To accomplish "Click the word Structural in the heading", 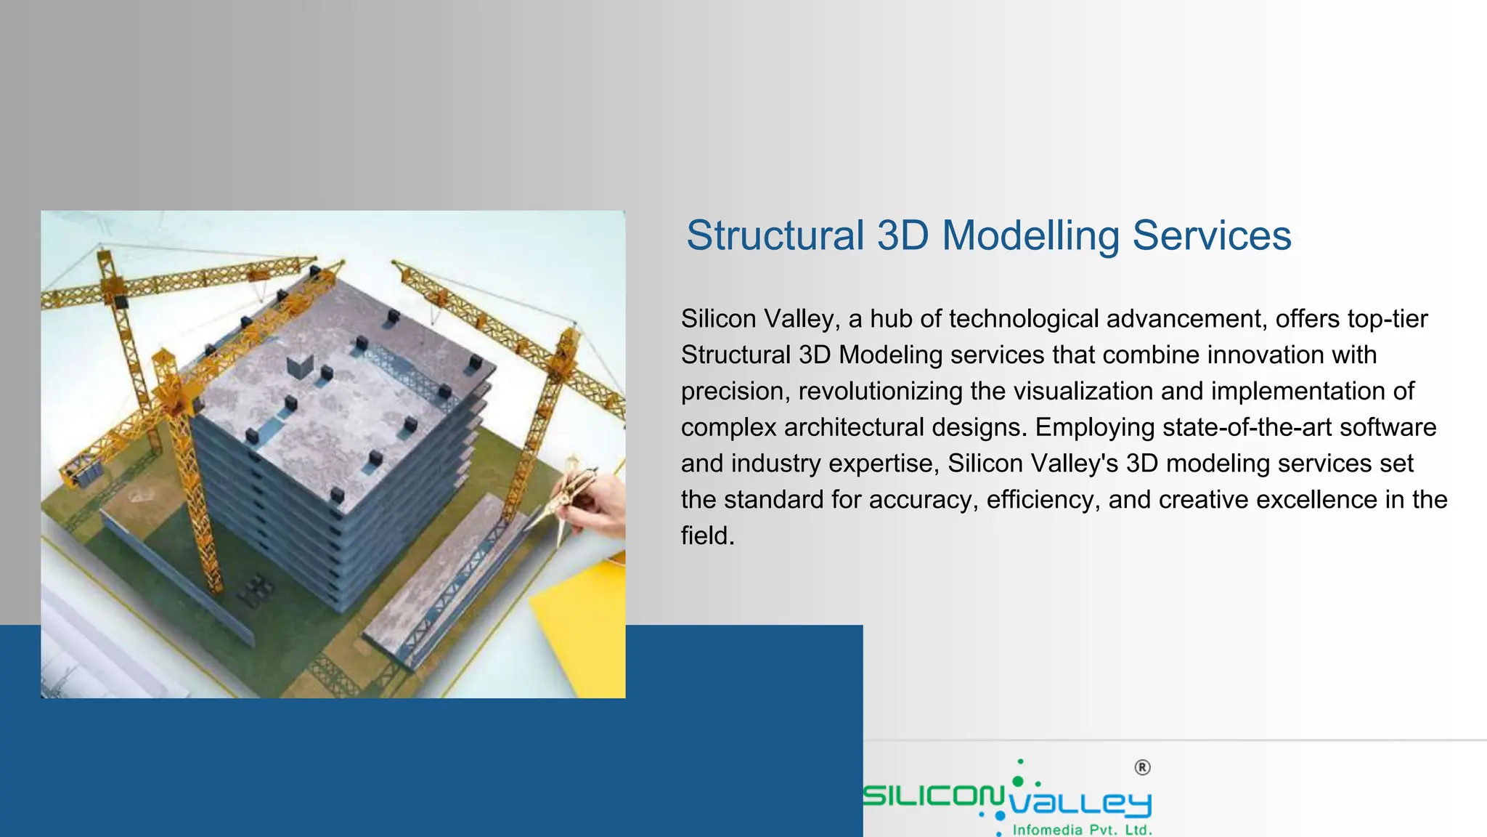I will click(x=775, y=236).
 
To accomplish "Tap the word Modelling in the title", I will click(x=1030, y=236).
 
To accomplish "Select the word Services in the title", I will click(x=1212, y=236).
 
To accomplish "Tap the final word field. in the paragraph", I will click(x=708, y=536).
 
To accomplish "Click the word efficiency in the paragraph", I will click(x=1042, y=500).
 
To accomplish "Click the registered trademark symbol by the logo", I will click(x=1142, y=768).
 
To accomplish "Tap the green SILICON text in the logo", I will click(x=933, y=796).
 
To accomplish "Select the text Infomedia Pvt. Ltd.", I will click(x=1082, y=830).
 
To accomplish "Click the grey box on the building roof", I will click(x=299, y=367).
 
